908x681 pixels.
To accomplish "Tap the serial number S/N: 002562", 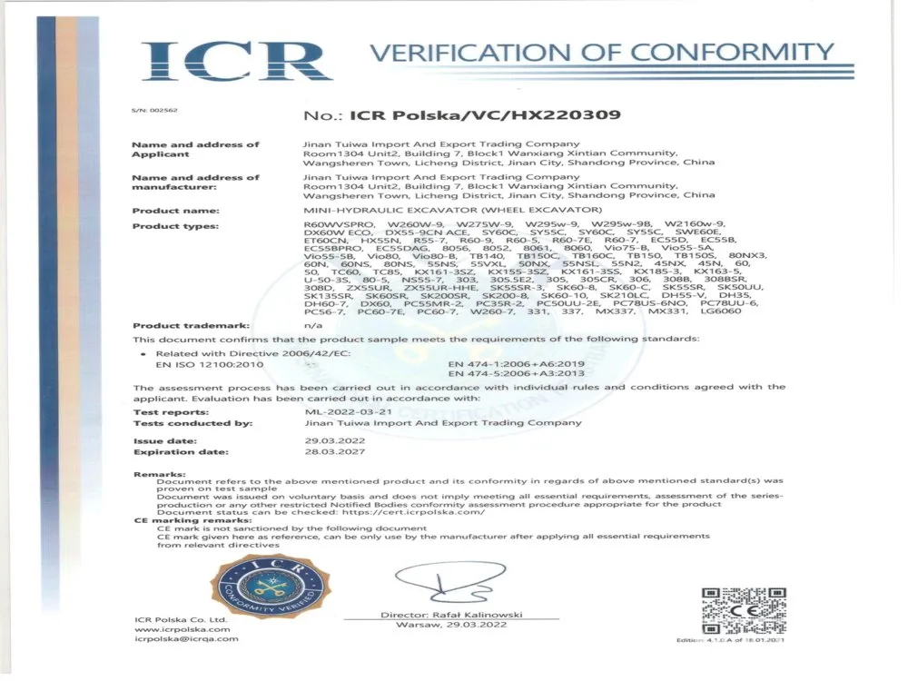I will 154,111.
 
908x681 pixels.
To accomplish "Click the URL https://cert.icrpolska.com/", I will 413,512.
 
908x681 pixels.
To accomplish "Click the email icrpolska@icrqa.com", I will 186,638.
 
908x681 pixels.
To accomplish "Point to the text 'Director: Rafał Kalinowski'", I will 451,616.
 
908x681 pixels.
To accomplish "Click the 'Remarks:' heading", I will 160,474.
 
